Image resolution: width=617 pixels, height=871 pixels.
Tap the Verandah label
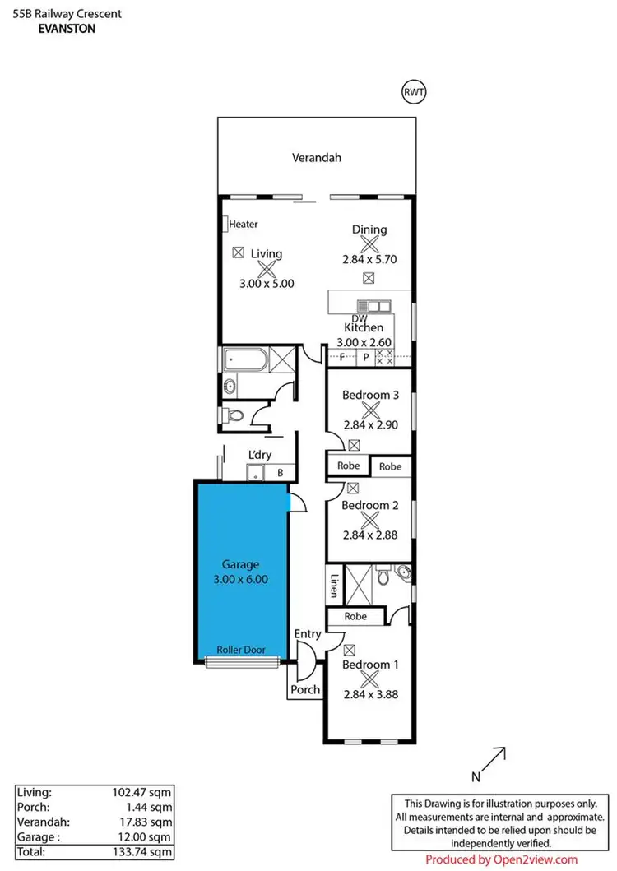[317, 158]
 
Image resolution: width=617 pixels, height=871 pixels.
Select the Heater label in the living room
[244, 224]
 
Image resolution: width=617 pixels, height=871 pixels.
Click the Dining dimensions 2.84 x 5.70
[369, 258]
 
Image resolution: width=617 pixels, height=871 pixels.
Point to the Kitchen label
[364, 327]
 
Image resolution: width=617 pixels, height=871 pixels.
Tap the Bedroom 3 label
[370, 395]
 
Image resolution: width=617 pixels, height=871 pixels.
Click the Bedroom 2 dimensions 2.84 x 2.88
[370, 535]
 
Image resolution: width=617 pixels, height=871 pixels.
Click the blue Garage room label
[240, 564]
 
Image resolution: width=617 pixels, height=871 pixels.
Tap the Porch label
[305, 689]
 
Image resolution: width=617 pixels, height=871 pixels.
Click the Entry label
[308, 633]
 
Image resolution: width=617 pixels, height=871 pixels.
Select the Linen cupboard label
[335, 584]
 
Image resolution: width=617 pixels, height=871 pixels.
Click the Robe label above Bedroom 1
[355, 615]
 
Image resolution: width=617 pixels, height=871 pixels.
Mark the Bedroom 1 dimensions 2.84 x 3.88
[370, 693]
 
